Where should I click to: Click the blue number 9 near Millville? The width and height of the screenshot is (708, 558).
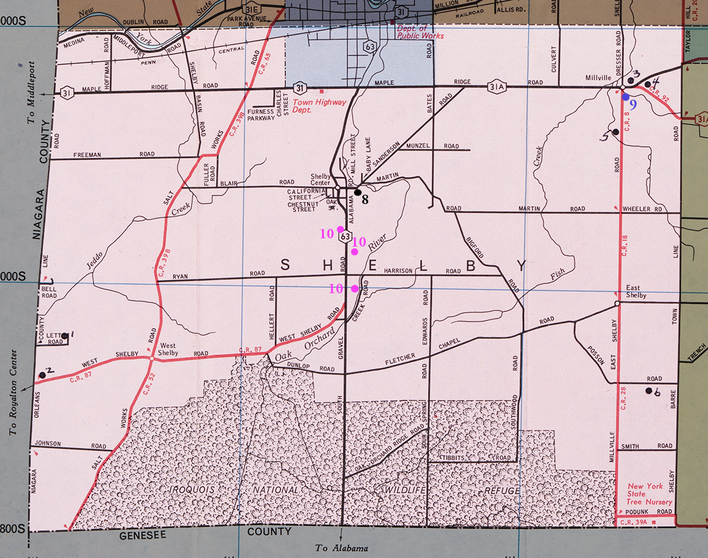click(633, 106)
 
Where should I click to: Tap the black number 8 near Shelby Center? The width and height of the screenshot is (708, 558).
click(365, 200)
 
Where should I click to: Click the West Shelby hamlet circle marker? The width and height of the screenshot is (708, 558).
click(152, 358)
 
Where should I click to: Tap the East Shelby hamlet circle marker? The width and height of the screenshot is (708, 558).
click(617, 303)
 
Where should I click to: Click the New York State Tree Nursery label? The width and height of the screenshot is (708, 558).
click(645, 494)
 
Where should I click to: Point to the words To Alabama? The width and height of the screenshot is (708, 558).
click(342, 548)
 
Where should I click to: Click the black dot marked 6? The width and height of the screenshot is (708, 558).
click(648, 390)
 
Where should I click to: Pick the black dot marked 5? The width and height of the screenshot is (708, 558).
click(615, 132)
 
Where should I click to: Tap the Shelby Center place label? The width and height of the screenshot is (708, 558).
click(322, 179)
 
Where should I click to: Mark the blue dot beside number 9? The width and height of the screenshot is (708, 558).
click(625, 97)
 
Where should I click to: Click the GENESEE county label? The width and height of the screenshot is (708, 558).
click(146, 535)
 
